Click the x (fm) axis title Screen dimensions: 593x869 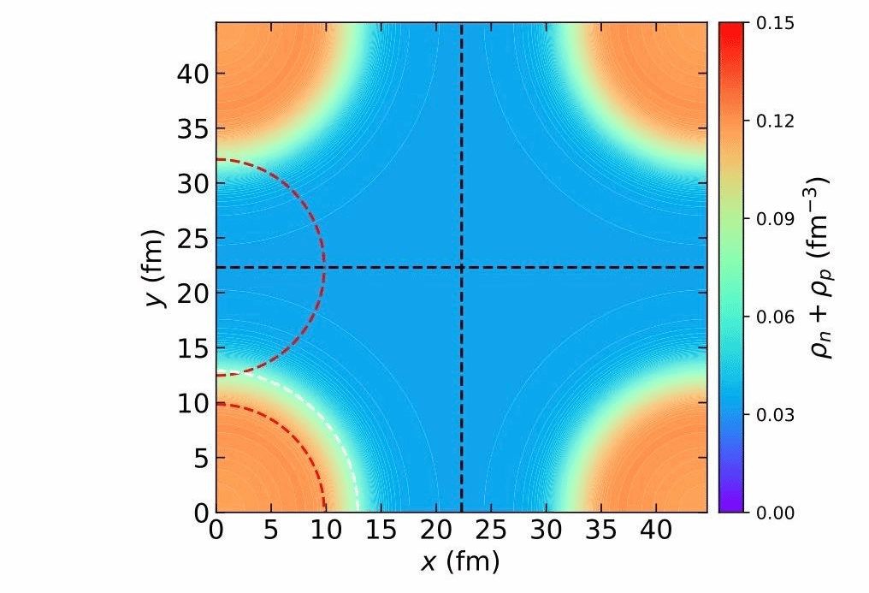(x=460, y=562)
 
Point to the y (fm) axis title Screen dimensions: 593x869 (x=154, y=267)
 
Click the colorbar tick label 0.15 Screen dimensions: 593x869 (x=777, y=23)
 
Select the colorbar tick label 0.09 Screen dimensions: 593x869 (x=777, y=219)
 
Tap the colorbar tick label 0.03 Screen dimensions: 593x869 (x=777, y=415)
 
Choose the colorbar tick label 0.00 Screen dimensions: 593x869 (x=777, y=513)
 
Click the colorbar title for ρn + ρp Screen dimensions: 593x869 (x=823, y=267)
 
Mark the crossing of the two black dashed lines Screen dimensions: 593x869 (x=462, y=268)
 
